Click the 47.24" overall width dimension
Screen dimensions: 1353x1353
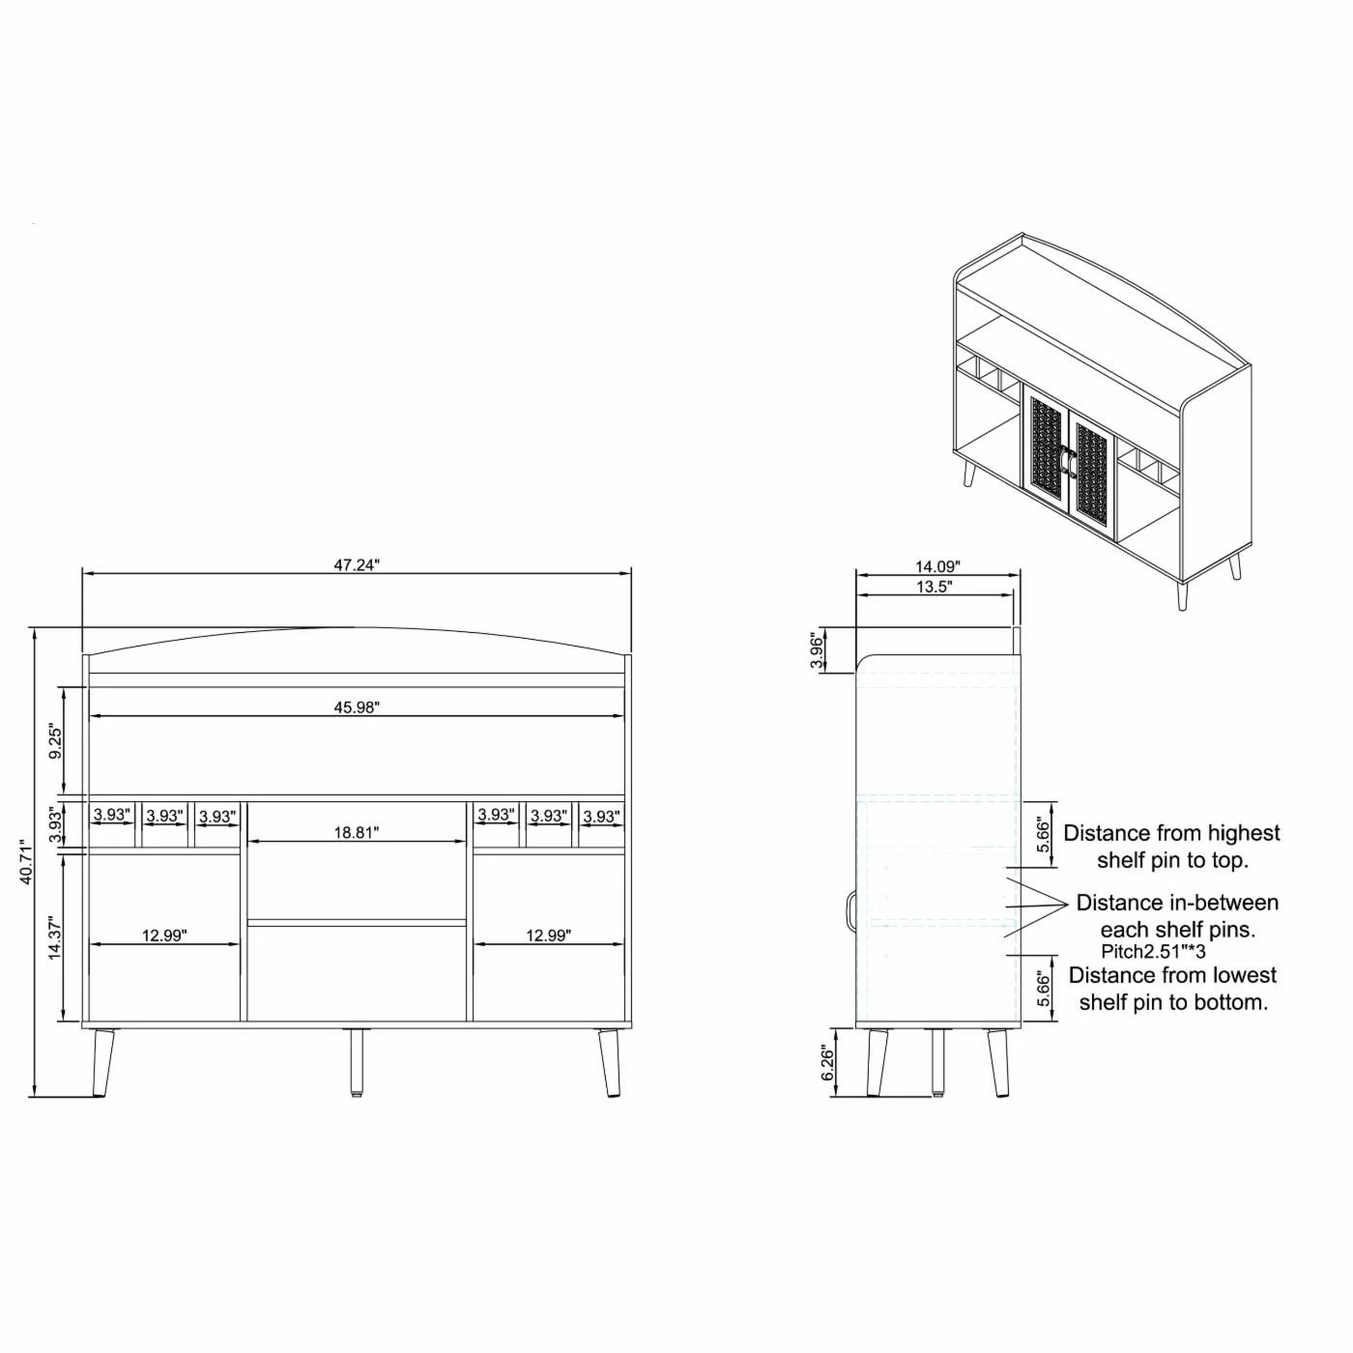pyautogui.click(x=356, y=566)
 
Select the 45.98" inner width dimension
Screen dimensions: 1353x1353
pyautogui.click(x=356, y=707)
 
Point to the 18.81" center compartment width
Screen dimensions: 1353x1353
pyautogui.click(x=356, y=833)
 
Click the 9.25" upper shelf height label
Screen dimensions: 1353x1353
pyautogui.click(x=56, y=743)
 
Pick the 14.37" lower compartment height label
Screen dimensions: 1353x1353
pyautogui.click(x=56, y=937)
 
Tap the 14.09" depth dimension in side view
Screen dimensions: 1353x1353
pyautogui.click(x=937, y=566)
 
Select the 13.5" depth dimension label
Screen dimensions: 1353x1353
pyautogui.click(x=935, y=587)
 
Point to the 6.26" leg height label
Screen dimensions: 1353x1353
pyautogui.click(x=828, y=1064)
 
